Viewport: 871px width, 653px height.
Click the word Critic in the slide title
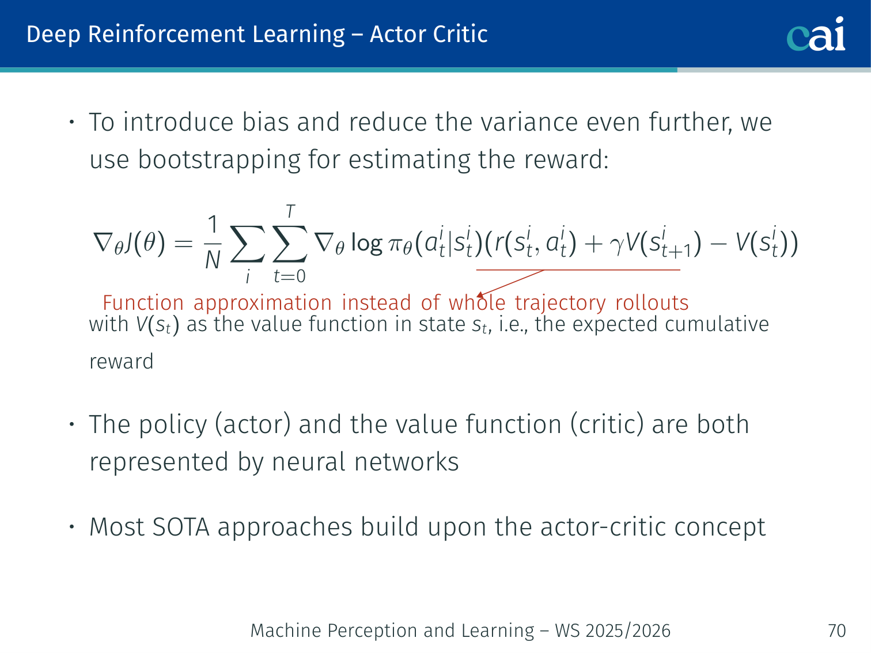pyautogui.click(x=460, y=34)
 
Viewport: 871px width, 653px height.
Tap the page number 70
pyautogui.click(x=837, y=631)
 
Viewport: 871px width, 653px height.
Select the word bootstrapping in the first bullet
pyautogui.click(x=219, y=160)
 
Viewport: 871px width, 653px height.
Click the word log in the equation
pyautogui.click(x=366, y=244)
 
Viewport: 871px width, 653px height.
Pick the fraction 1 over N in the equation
pyautogui.click(x=213, y=242)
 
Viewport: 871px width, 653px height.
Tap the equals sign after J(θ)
pyautogui.click(x=183, y=244)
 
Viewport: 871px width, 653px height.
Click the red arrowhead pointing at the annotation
pyautogui.click(x=480, y=295)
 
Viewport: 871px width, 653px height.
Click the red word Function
pyautogui.click(x=143, y=303)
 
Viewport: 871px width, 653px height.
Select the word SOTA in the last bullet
pyautogui.click(x=181, y=527)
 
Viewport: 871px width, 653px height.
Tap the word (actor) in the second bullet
pyautogui.click(x=253, y=424)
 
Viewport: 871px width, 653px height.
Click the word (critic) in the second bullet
pyautogui.click(x=607, y=424)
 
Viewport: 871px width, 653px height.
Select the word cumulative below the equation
pyautogui.click(x=717, y=324)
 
